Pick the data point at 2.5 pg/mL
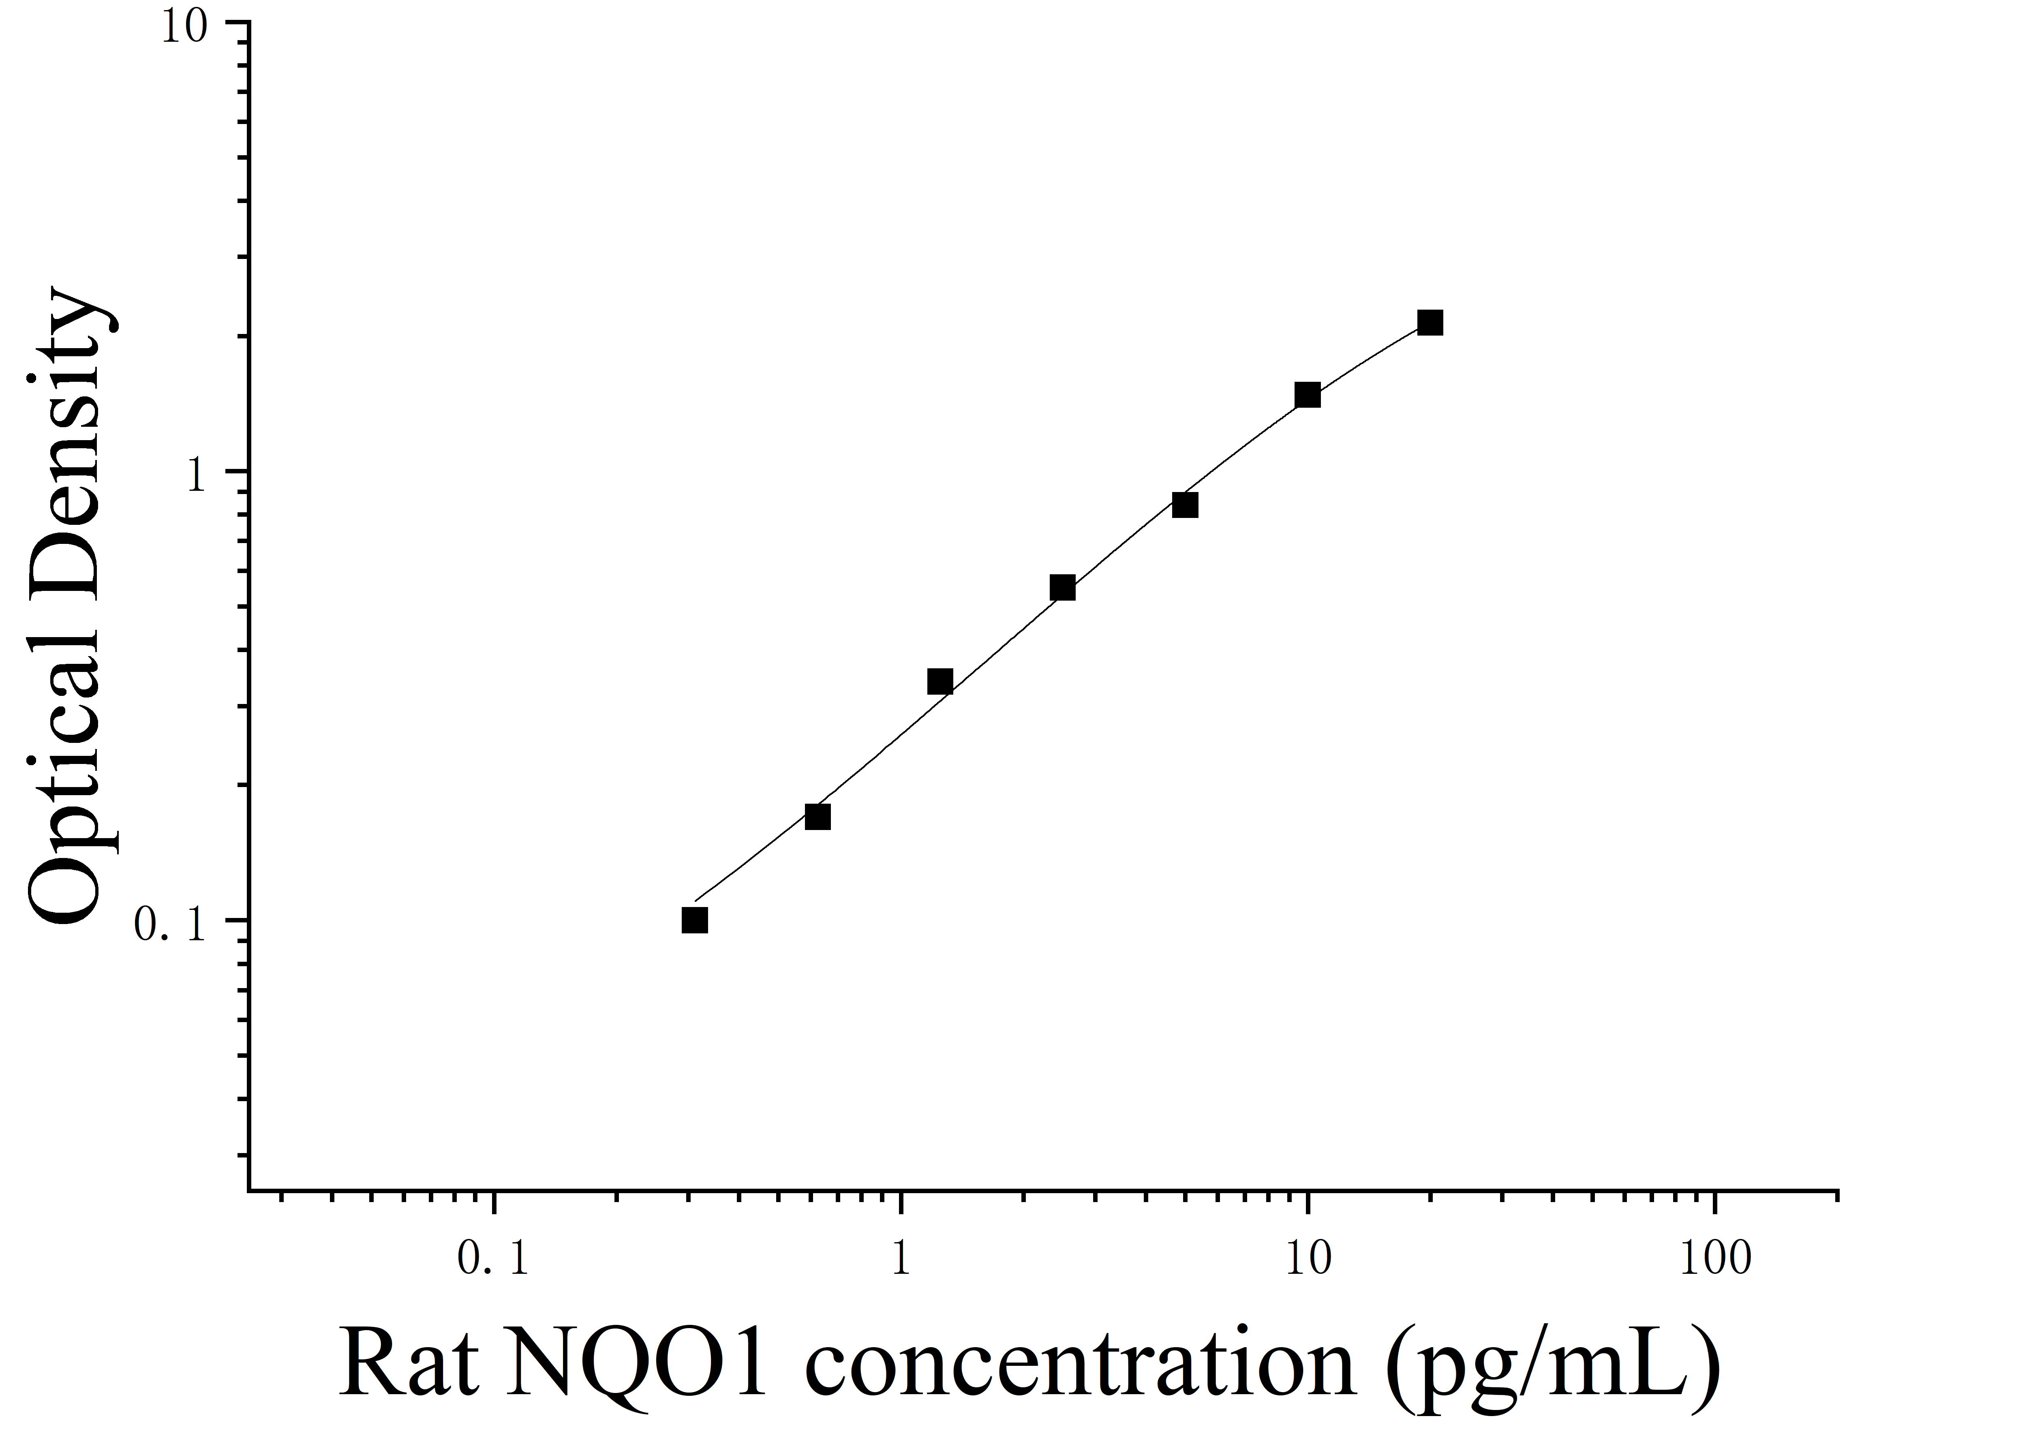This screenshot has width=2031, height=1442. tap(1062, 588)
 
